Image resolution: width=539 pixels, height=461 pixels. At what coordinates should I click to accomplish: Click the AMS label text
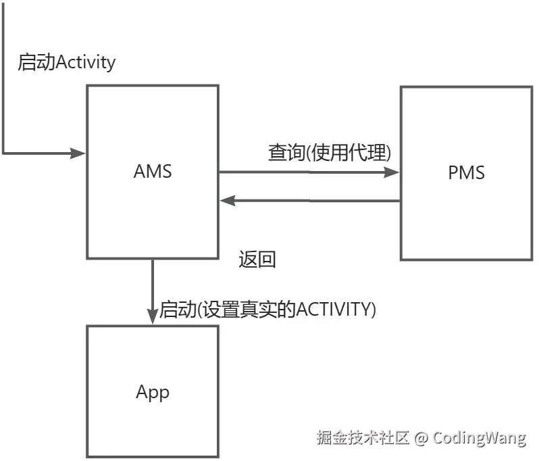153,171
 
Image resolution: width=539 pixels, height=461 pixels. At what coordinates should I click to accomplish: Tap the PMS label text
466,172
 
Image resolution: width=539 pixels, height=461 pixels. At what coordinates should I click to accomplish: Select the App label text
153,392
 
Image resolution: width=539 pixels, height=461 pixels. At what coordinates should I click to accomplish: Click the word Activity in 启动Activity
86,63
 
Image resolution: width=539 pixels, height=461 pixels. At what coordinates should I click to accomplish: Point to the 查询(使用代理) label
330,153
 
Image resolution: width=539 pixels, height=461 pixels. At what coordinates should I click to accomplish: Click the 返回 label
257,260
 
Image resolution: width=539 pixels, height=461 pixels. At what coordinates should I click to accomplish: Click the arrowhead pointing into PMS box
392,172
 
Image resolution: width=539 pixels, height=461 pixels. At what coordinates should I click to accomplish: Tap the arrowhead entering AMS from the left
78,153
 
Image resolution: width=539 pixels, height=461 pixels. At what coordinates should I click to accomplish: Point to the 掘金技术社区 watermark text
363,437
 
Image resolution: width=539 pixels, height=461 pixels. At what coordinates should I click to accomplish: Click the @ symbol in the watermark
421,437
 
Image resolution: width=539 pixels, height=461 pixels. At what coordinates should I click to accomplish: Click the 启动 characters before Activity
36,63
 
